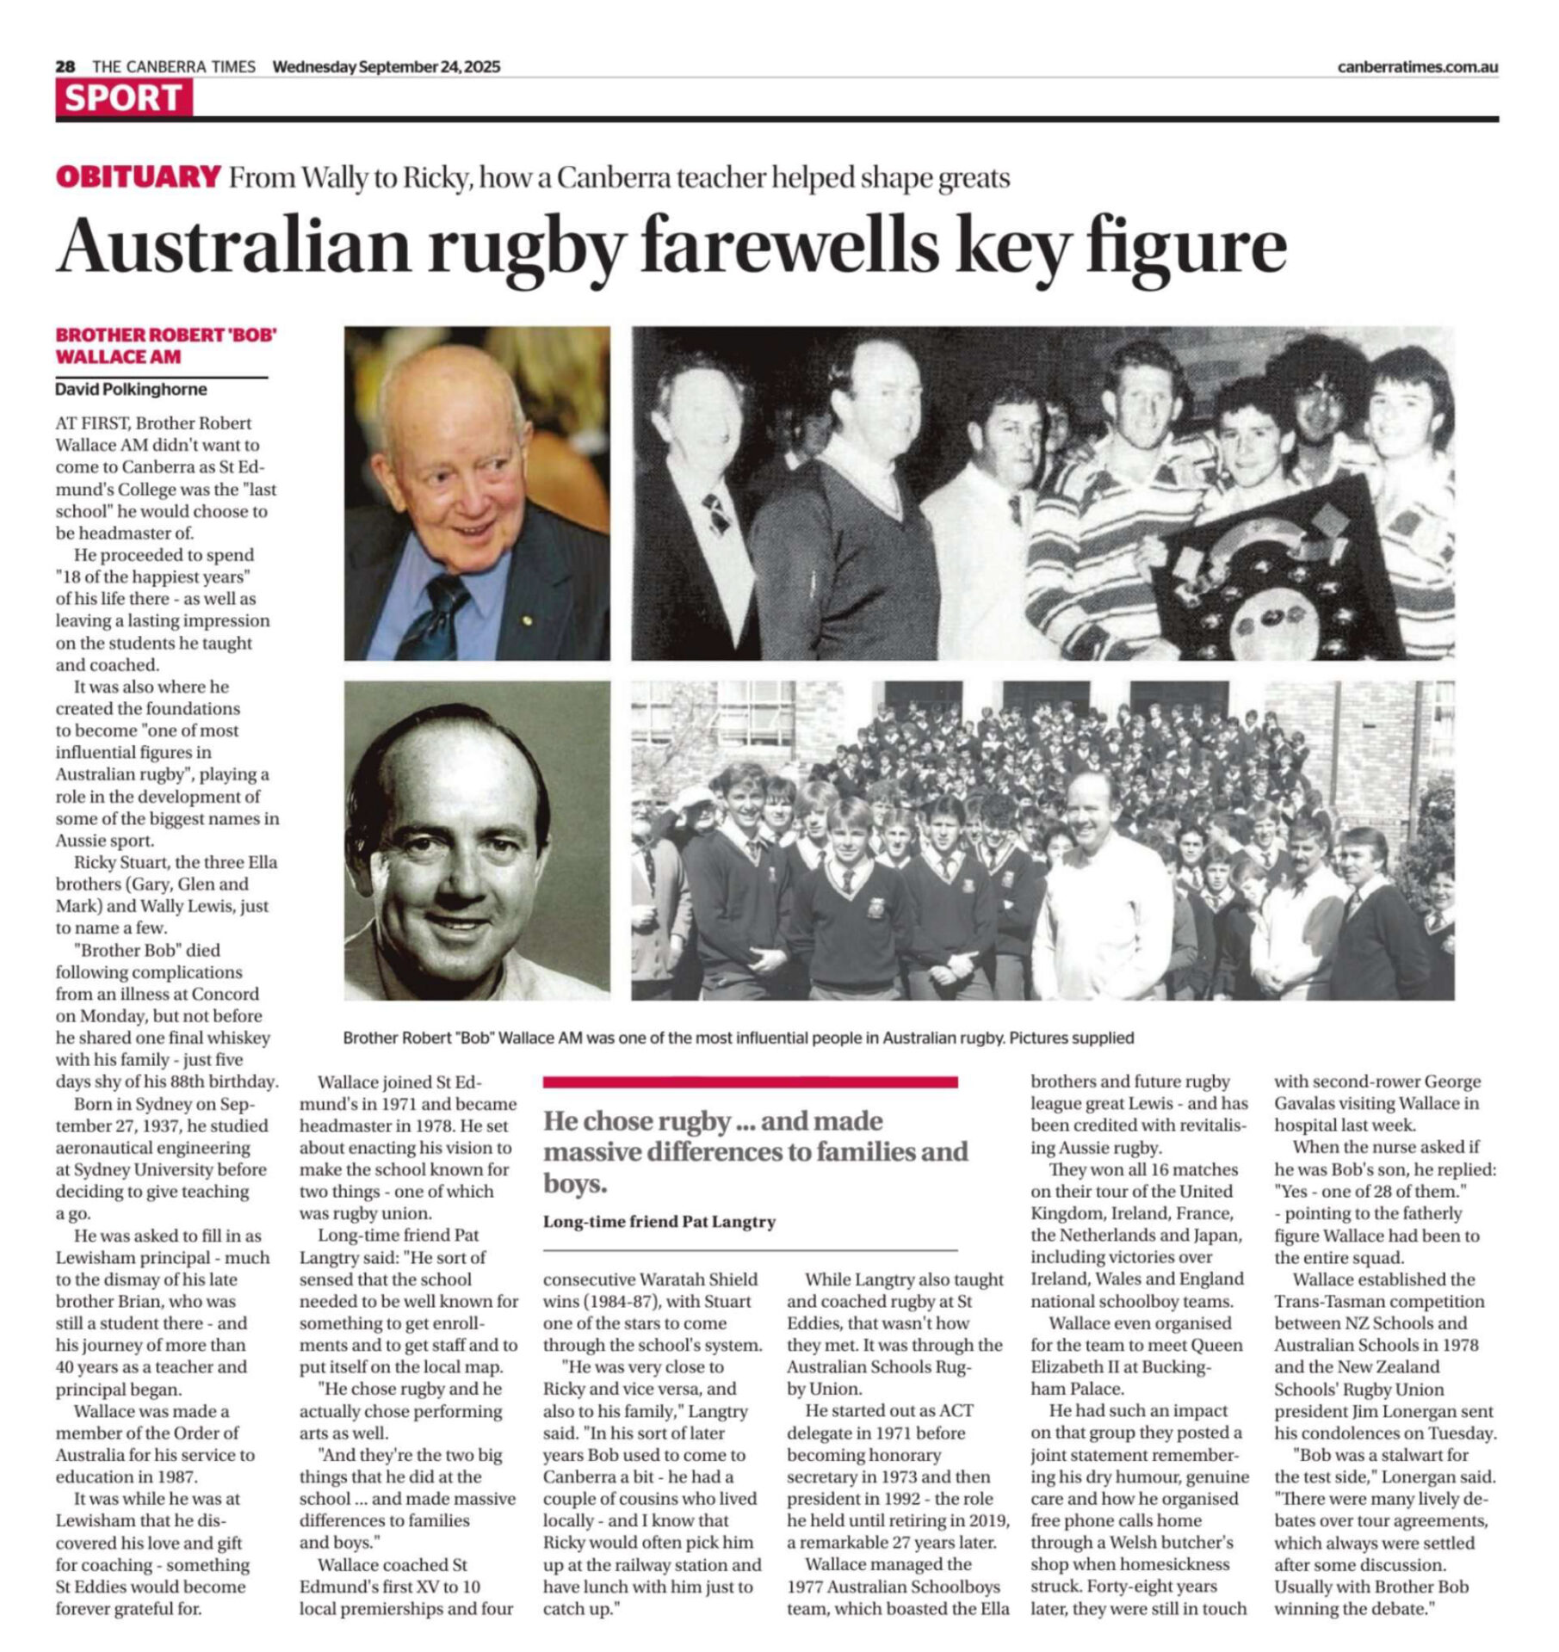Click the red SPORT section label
click(x=123, y=97)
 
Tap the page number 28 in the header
click(x=65, y=66)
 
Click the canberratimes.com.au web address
click(x=1417, y=66)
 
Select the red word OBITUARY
click(x=138, y=177)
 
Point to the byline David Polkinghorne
click(x=131, y=389)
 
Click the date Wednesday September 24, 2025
click(x=386, y=66)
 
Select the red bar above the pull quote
click(x=750, y=1082)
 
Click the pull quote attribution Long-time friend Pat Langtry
click(x=659, y=1221)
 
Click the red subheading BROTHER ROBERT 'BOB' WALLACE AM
click(x=165, y=345)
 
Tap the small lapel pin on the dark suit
click(x=529, y=618)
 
